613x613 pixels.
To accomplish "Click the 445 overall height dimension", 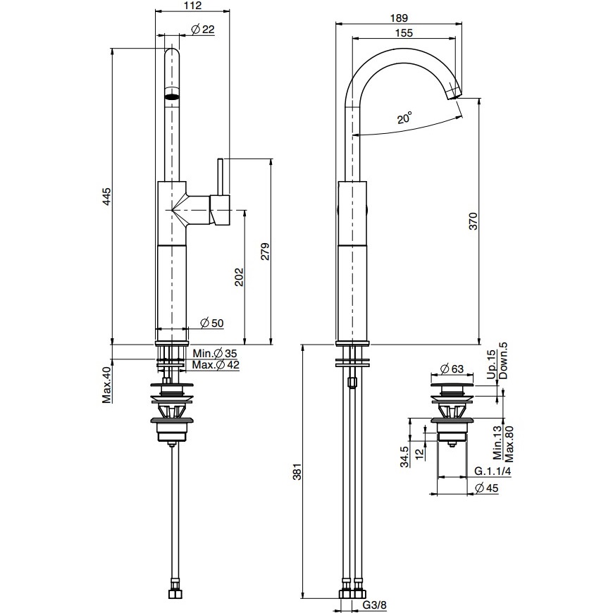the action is pos(107,197).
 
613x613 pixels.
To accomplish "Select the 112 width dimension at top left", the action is pos(193,6).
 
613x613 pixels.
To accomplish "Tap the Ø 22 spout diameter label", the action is pos(204,30).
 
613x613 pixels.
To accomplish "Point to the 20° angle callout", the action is pos(404,118).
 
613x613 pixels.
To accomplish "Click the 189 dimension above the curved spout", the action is pos(399,18).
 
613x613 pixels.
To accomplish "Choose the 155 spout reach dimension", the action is pos(404,33).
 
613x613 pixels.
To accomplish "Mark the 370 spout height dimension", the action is pos(473,221).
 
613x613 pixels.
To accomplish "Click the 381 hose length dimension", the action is pos(297,472).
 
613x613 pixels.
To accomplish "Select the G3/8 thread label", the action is pos(375,605).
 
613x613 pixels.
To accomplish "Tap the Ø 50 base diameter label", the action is pos(212,323).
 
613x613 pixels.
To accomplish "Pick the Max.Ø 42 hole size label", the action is pos(216,365).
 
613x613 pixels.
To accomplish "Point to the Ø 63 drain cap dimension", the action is pos(452,369).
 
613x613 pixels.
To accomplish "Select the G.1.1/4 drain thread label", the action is pos(493,471).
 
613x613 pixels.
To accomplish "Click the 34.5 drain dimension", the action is pos(404,457).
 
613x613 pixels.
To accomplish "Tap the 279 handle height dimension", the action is pos(266,252).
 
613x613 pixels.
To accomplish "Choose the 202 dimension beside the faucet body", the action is pos(240,277).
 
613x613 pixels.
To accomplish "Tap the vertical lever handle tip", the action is pos(220,160).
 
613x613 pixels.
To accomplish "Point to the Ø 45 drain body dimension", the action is pos(486,488).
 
